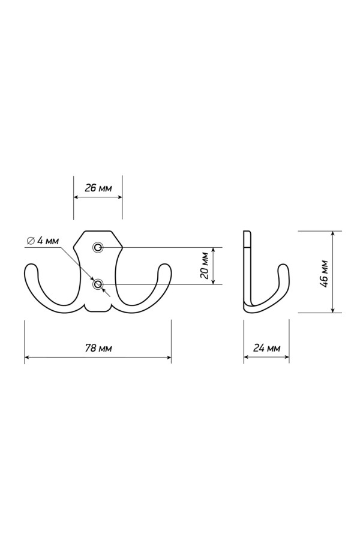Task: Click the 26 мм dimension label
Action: (98, 188)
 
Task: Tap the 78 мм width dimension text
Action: (98, 348)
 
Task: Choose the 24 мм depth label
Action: (266, 348)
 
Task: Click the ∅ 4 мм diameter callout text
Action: (43, 241)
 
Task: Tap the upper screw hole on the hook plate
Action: (98, 247)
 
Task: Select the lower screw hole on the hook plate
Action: (98, 284)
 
